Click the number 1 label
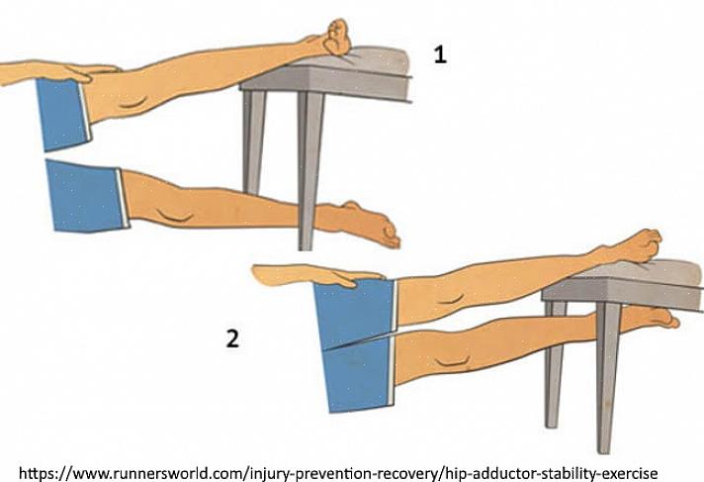point(440,54)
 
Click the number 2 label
point(232,338)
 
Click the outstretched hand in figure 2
point(314,275)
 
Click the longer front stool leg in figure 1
point(309,171)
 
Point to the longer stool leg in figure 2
point(607,378)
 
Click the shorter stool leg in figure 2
point(555,364)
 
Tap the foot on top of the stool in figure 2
point(633,246)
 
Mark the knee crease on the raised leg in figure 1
point(134,103)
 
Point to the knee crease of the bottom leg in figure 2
point(454,361)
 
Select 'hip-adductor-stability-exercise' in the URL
point(551,473)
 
